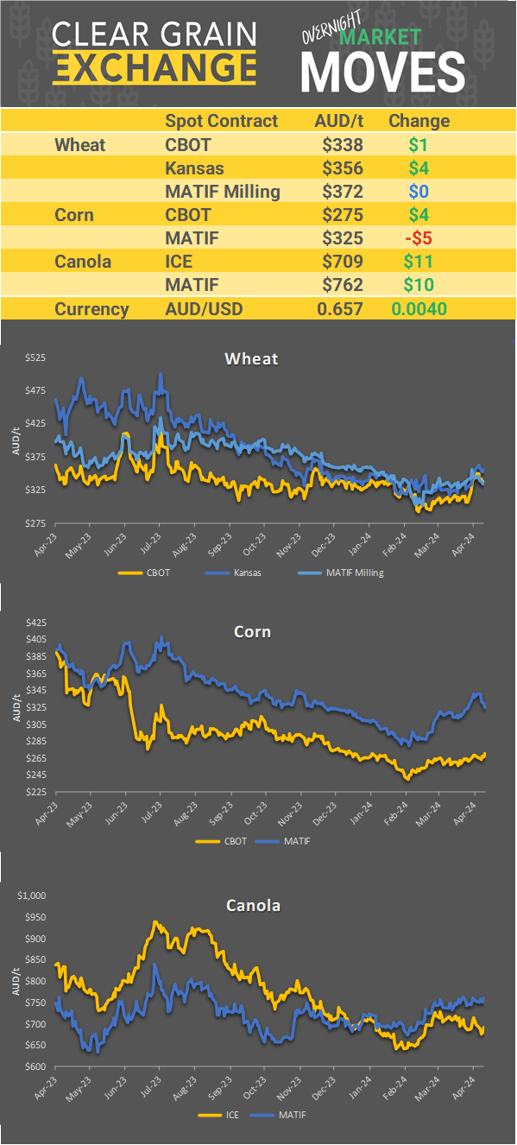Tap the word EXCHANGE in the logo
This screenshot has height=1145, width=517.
154,66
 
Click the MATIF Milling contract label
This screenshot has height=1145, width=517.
222,192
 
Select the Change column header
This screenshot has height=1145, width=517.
419,121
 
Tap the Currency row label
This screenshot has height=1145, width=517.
91,309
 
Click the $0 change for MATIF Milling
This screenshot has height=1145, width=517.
419,192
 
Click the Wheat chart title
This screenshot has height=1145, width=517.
251,358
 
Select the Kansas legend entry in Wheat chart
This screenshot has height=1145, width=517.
243,572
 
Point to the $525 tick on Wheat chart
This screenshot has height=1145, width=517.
35,357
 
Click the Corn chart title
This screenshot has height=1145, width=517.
252,631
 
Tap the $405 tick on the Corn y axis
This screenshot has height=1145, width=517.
35,639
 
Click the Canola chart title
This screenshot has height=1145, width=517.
253,905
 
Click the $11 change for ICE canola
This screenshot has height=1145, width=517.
419,262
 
